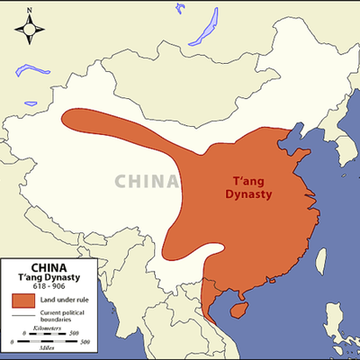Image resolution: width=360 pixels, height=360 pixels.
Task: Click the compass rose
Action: (30, 32)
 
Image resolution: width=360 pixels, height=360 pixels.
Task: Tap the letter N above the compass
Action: (30, 10)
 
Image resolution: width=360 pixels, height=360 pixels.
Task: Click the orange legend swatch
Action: (24, 300)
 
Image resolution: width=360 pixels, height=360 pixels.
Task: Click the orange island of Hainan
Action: (238, 308)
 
